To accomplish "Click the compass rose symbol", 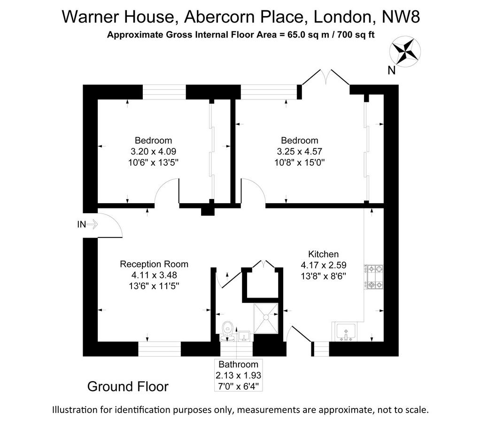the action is pos(405,52).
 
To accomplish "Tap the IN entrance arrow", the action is pos(92,225).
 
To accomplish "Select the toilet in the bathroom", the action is pos(228,331).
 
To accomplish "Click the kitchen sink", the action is pos(346,332).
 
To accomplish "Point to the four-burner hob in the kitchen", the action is pos(373,277).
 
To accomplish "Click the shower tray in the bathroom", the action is pos(266,318).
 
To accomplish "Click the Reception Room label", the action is pos(154,264).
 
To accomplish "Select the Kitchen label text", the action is pos(323,254).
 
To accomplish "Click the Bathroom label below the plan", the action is pos(238,364).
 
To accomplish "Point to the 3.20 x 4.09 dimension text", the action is pos(154,152).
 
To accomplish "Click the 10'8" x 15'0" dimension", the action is pos(299,162).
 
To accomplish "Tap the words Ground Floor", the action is pos(128,387).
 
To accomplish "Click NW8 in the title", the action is pos(401,16).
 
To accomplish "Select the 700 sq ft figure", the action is pos(356,35).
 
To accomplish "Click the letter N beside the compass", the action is pos(391,70).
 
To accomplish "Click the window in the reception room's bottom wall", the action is pos(160,349).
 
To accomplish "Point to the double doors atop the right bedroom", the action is pos(326,77).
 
